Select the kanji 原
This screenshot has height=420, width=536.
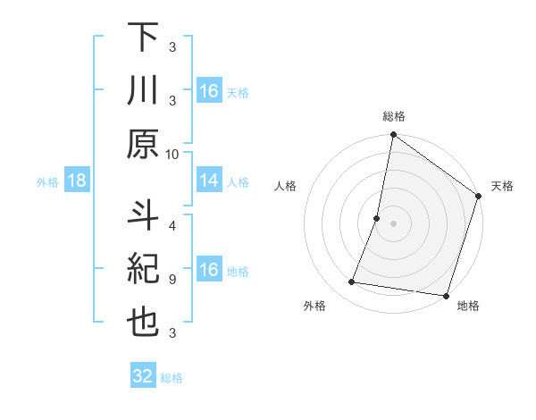click(x=144, y=144)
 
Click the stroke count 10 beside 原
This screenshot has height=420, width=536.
click(x=172, y=154)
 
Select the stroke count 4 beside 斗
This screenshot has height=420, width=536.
click(x=172, y=226)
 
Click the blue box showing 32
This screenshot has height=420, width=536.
click(x=143, y=376)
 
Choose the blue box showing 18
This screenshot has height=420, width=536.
click(x=77, y=181)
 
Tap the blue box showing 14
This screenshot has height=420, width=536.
click(x=209, y=181)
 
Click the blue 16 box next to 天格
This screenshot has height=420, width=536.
click(x=209, y=91)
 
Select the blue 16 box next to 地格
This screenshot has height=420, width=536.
click(x=209, y=271)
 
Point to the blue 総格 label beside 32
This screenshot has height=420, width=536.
click(x=172, y=378)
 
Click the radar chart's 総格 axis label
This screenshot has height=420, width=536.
click(x=393, y=117)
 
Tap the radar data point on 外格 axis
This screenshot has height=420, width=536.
click(x=353, y=282)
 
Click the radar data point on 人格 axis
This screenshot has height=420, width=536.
click(x=377, y=218)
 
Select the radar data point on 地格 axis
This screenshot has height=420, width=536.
click(x=446, y=296)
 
